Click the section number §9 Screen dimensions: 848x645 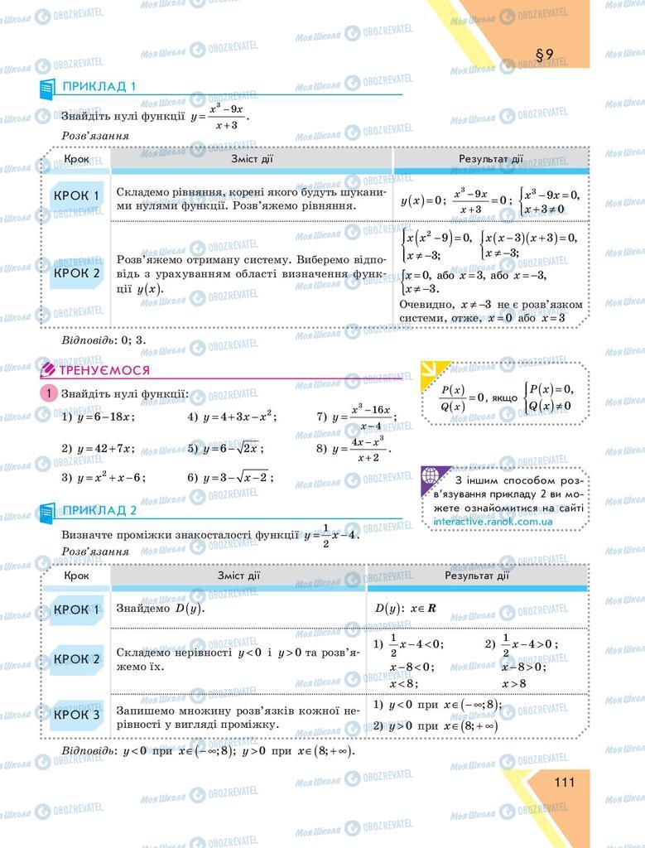544,55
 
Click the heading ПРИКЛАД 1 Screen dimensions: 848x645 99,86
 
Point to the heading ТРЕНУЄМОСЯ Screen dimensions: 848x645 104,370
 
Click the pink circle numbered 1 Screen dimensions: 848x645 48,394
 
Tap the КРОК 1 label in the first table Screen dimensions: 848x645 76,196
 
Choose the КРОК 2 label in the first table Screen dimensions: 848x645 76,272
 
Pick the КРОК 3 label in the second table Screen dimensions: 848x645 76,715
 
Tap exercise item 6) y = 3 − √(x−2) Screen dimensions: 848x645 230,477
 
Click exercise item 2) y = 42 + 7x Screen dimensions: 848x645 98,449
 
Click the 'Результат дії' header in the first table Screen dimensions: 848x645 490,158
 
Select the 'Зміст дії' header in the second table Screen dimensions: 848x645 238,575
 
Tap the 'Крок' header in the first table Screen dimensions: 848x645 76,158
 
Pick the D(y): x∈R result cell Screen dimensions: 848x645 406,609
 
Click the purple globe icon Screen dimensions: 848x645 431,477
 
